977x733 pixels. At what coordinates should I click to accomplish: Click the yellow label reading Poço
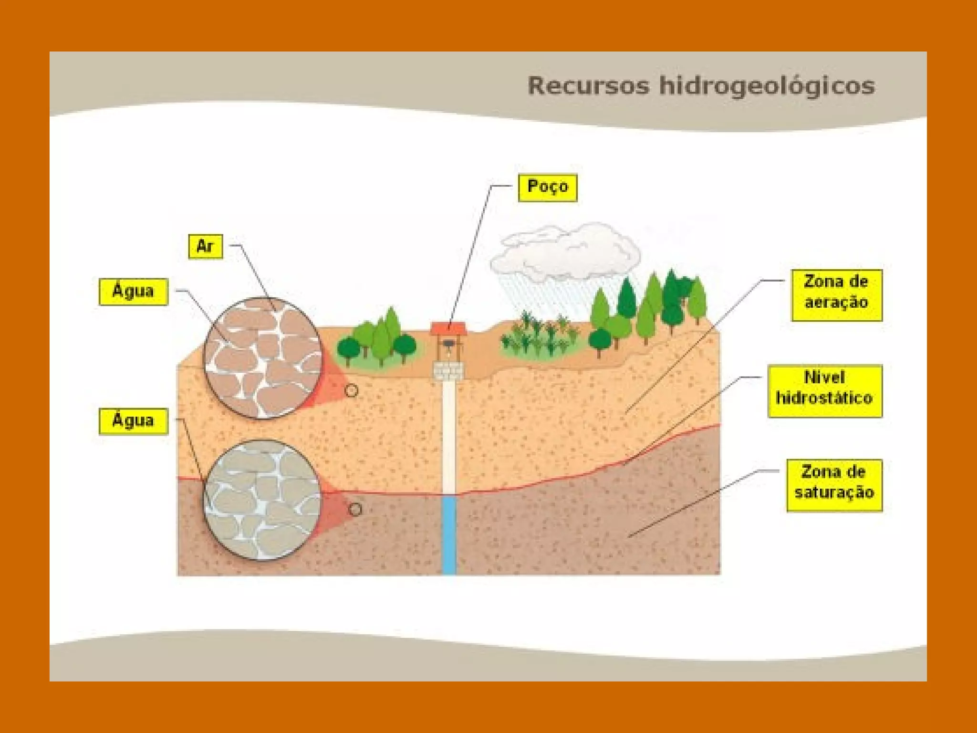tap(547, 187)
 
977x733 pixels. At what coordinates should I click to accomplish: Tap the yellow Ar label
tap(205, 246)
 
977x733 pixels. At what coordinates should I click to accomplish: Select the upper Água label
tap(133, 291)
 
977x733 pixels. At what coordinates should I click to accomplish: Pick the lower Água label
tap(133, 421)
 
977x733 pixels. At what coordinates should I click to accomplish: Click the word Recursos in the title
tap(588, 86)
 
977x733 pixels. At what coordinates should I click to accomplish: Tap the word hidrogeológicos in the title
tap(767, 86)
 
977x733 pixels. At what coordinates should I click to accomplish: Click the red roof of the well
tap(448, 328)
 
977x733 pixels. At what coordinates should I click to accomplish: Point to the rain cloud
tap(565, 252)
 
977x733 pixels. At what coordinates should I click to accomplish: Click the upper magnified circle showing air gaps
tap(263, 358)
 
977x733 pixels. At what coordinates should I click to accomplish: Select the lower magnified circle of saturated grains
tap(263, 499)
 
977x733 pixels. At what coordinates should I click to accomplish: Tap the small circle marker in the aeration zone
tap(351, 390)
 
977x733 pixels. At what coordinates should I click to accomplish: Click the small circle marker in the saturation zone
tap(355, 509)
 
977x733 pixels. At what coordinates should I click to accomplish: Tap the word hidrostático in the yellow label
tap(824, 398)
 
